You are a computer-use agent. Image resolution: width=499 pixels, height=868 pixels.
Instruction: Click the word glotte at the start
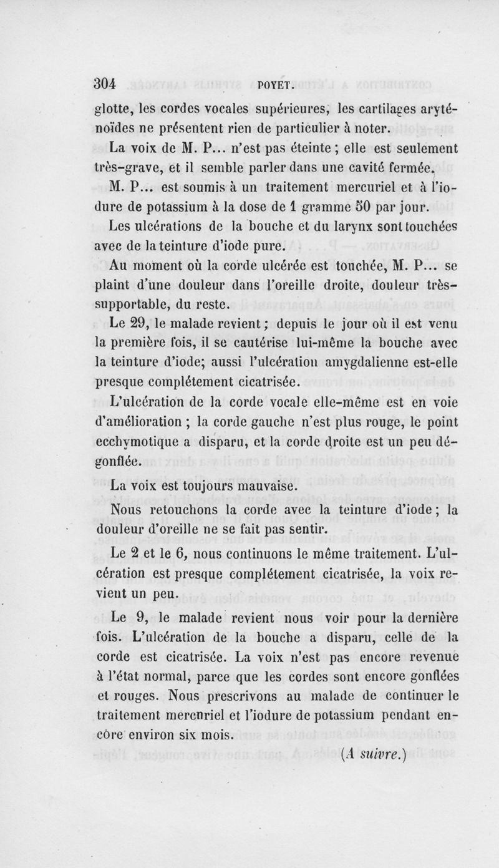click(112, 112)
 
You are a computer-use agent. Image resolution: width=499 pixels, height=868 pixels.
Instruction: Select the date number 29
click(141, 324)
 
